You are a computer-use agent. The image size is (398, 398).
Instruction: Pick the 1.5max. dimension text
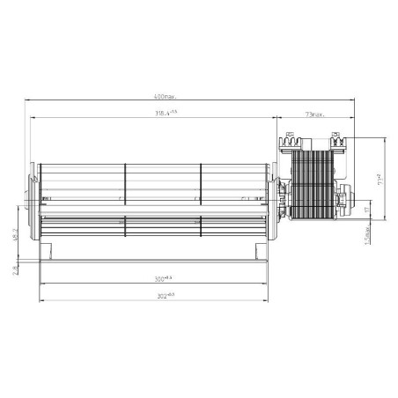[368, 236]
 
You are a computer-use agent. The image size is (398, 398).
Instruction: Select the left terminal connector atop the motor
[291, 138]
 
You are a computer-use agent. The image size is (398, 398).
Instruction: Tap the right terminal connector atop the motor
[335, 138]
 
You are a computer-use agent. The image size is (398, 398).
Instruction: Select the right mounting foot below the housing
[263, 255]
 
